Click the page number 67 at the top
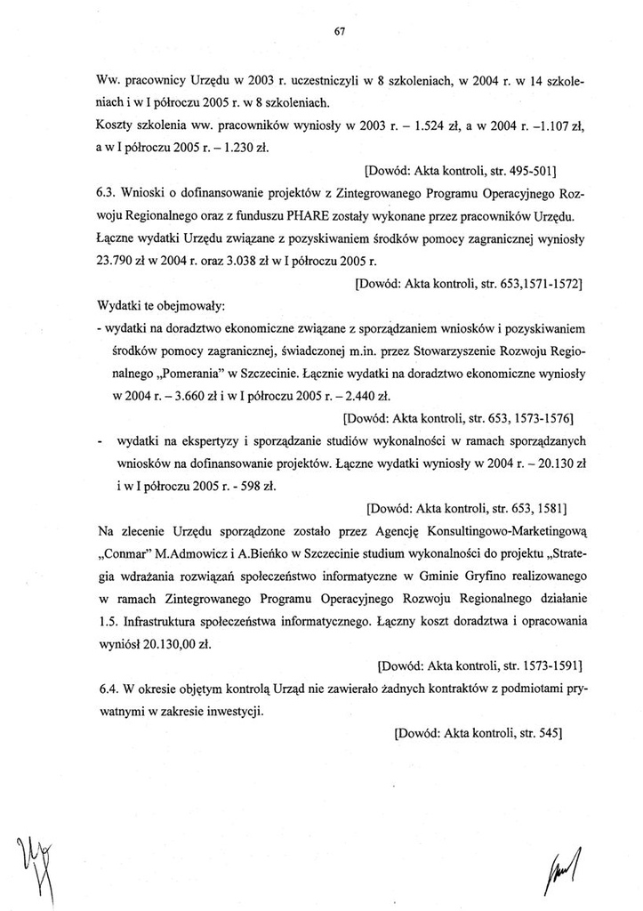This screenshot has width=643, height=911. click(339, 31)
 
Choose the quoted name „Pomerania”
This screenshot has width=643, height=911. click(180, 374)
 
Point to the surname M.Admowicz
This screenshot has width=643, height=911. click(196, 552)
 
